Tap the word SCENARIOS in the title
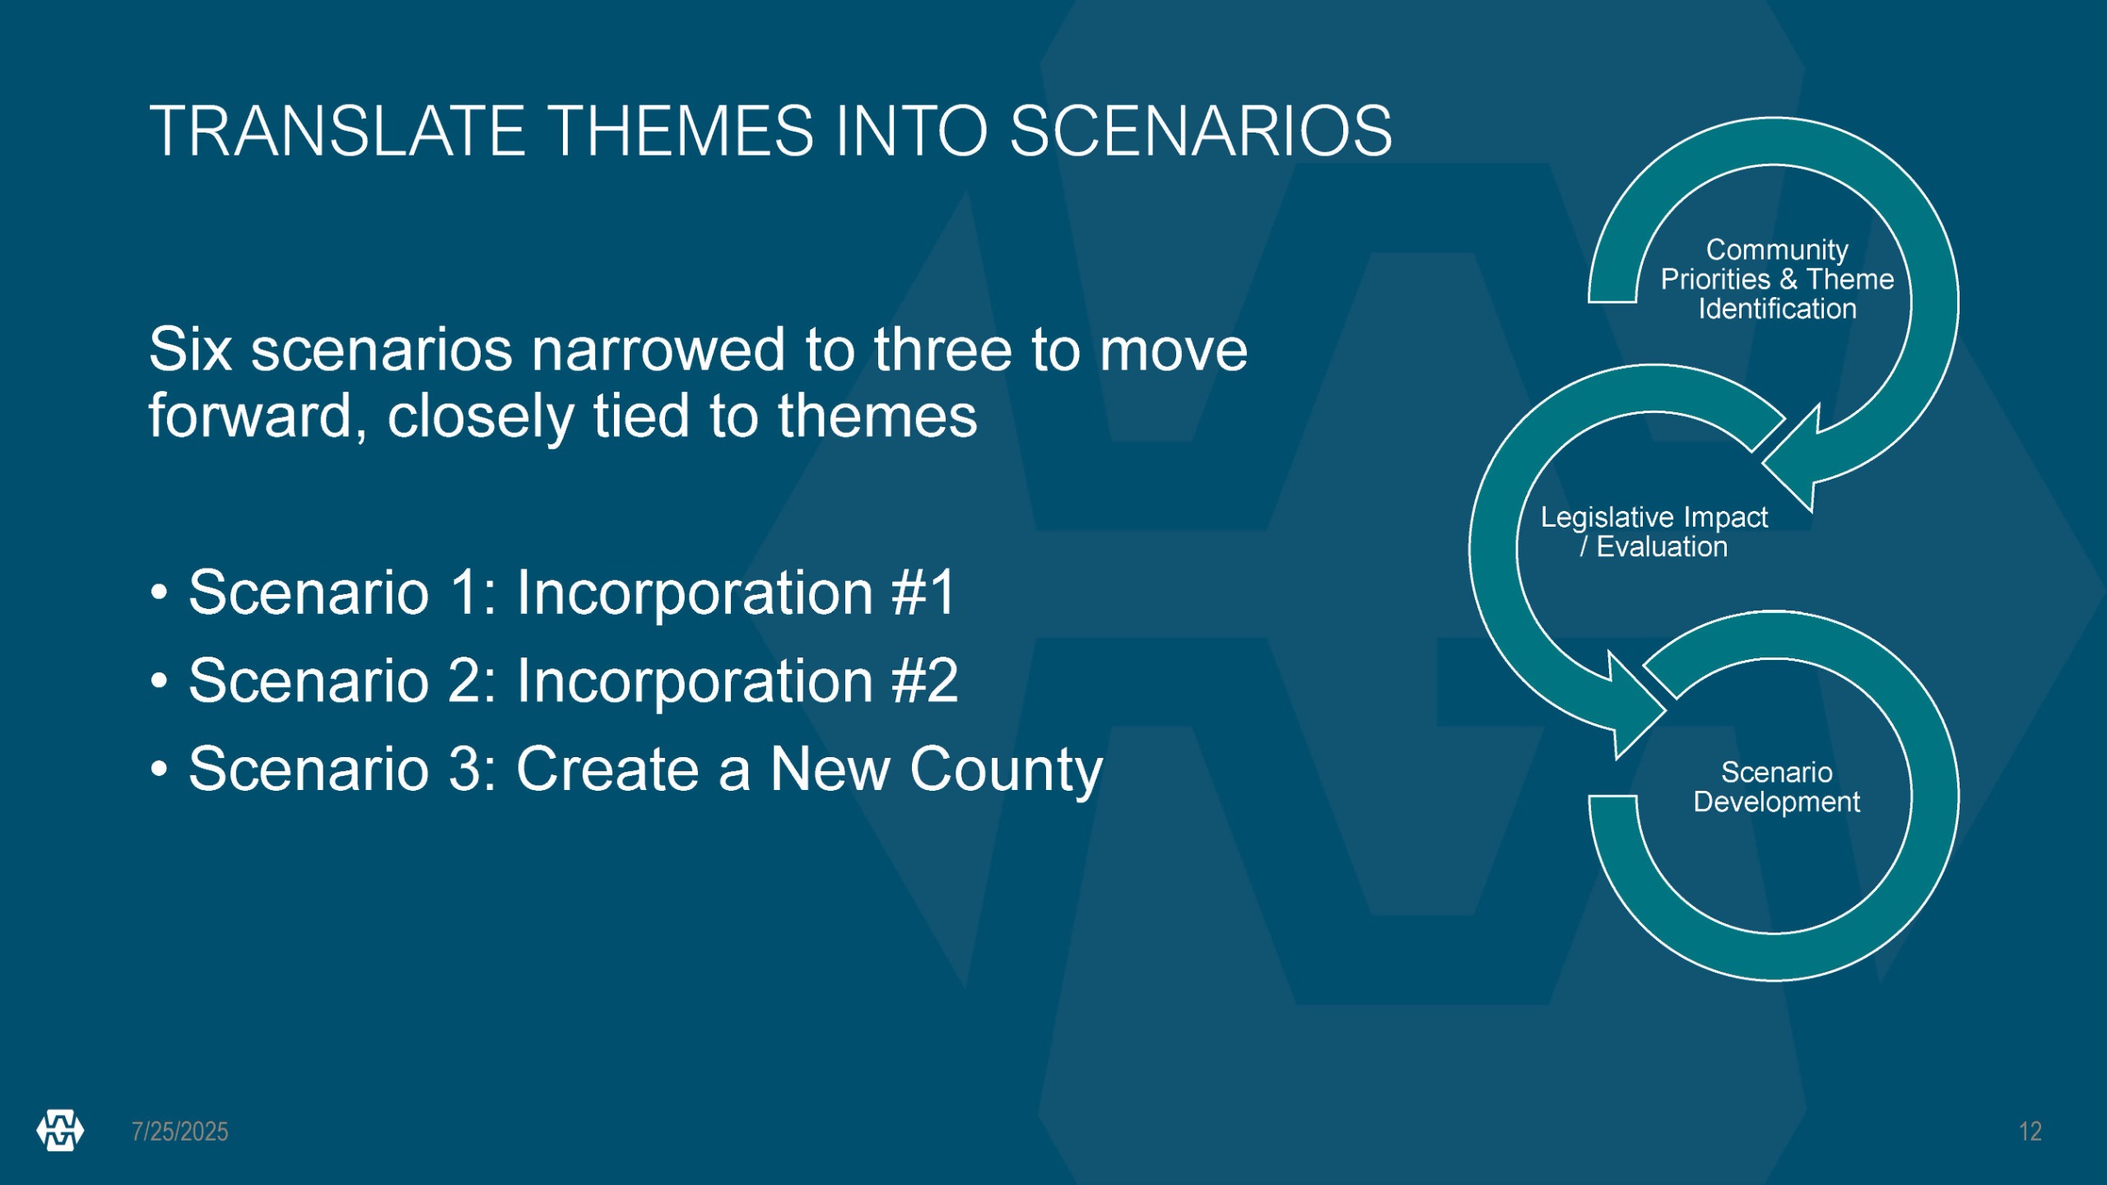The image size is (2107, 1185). [1201, 131]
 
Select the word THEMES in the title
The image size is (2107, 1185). [681, 131]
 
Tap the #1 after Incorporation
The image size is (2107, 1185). [923, 592]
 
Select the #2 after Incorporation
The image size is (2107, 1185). [925, 681]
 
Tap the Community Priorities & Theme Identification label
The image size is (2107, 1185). [1777, 279]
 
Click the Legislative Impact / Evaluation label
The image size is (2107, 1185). [1654, 532]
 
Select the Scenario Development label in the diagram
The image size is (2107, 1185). [1776, 787]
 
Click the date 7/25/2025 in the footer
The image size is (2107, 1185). [180, 1132]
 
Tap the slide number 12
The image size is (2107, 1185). [2030, 1132]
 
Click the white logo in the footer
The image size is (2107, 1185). [60, 1131]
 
